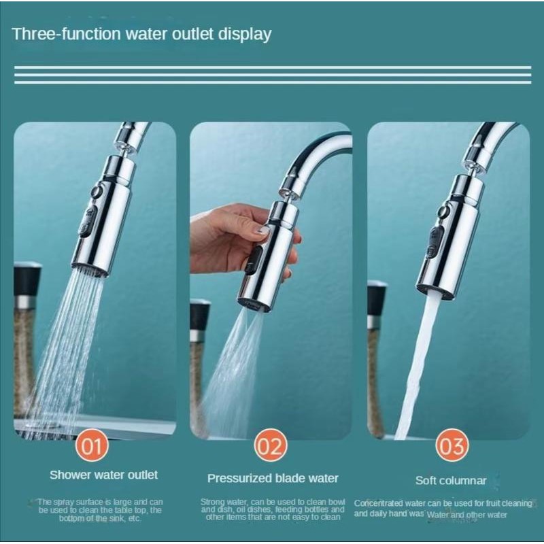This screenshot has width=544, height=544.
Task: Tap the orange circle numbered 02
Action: pos(271,446)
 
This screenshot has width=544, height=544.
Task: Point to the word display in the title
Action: pos(243,34)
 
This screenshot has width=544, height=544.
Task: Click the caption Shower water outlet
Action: pos(103,475)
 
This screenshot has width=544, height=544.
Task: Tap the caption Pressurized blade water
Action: pos(273,478)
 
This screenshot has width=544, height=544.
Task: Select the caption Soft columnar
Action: pos(451,481)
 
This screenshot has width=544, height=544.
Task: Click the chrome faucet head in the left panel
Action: pos(102,218)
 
